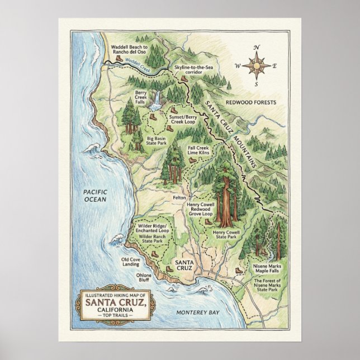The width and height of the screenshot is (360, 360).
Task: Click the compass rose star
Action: pos(255,66)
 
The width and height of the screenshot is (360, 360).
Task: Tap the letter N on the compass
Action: pos(256,48)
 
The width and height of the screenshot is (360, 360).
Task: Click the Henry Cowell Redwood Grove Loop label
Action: pos(200,210)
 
